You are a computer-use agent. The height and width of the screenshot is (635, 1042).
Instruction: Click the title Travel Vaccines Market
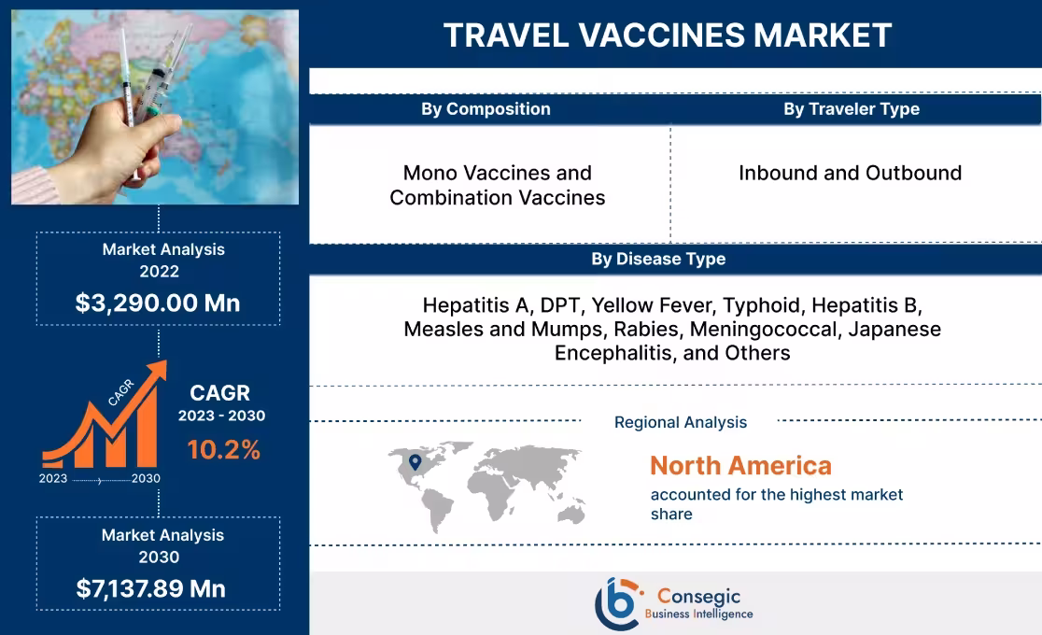pyautogui.click(x=667, y=35)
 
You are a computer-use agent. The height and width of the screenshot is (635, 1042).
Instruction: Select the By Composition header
pyautogui.click(x=486, y=109)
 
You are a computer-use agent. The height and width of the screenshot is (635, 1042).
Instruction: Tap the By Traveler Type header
pyautogui.click(x=851, y=109)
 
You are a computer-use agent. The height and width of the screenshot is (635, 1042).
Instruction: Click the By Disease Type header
pyautogui.click(x=657, y=259)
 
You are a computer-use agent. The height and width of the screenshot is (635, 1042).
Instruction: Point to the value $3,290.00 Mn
pyautogui.click(x=158, y=303)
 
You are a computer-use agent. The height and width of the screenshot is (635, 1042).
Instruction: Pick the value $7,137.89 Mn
pyautogui.click(x=150, y=588)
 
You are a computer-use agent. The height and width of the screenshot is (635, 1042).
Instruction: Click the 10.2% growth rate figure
pyautogui.click(x=224, y=450)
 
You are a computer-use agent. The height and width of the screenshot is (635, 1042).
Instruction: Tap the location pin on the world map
pyautogui.click(x=415, y=461)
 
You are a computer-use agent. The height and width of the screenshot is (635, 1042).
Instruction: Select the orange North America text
pyautogui.click(x=740, y=465)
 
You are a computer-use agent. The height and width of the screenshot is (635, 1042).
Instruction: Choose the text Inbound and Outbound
pyautogui.click(x=850, y=173)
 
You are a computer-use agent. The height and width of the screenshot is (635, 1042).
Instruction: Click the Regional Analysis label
pyautogui.click(x=680, y=422)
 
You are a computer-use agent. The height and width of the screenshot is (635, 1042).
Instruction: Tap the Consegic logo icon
pyautogui.click(x=617, y=603)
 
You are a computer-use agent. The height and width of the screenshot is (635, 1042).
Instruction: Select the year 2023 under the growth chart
pyautogui.click(x=53, y=478)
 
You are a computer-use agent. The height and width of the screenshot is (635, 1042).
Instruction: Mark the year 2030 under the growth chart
pyautogui.click(x=146, y=478)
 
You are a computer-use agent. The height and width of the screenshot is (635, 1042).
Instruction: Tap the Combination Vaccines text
pyautogui.click(x=497, y=198)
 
